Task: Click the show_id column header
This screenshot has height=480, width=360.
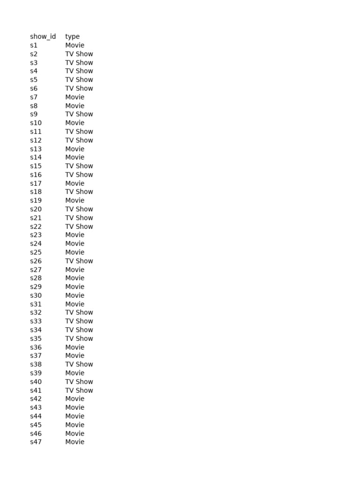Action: (x=43, y=37)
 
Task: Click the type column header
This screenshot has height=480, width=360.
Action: (x=72, y=37)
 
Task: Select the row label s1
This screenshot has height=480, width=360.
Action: (x=34, y=45)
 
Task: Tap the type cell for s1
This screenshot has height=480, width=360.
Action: (x=75, y=45)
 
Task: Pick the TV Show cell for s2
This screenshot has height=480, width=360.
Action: (x=79, y=54)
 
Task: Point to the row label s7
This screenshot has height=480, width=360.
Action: (x=34, y=97)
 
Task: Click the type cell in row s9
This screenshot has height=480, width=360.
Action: (x=79, y=114)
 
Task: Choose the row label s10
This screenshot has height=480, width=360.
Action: (x=36, y=123)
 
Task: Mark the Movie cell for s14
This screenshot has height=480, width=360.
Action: (x=75, y=157)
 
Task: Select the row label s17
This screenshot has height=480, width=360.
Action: (x=36, y=183)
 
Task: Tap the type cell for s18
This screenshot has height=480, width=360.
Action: (x=79, y=192)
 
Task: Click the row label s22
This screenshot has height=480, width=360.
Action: (x=36, y=226)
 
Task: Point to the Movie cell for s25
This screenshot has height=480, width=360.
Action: (x=75, y=252)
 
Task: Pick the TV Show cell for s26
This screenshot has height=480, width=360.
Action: (x=79, y=261)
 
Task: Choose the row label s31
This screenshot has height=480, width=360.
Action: (x=36, y=304)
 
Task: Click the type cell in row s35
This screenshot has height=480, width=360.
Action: (x=79, y=338)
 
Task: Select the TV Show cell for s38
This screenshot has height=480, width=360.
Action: (x=79, y=364)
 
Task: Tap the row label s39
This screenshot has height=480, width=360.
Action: (x=36, y=373)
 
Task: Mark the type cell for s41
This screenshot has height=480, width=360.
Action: (x=79, y=390)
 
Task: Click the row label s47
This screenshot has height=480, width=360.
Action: (x=36, y=442)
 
